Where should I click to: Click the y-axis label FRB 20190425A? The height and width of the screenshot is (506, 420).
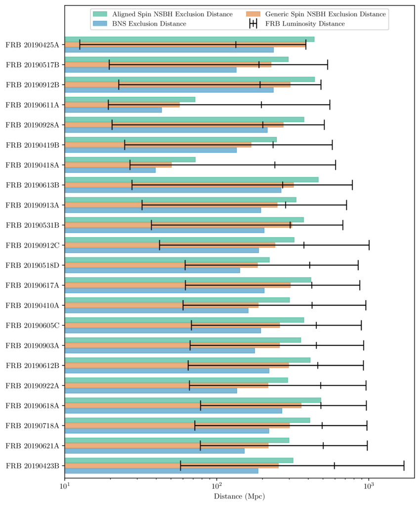click(x=32, y=45)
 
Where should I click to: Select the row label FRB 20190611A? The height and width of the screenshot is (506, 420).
click(x=32, y=105)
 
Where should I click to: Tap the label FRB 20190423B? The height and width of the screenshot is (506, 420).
click(x=32, y=465)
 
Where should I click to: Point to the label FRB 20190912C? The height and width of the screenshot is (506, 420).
click(x=32, y=245)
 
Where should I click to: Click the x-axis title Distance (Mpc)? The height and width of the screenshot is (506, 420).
click(x=239, y=496)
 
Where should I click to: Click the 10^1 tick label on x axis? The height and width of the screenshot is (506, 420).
click(x=65, y=485)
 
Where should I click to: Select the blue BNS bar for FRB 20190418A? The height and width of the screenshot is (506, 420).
click(x=110, y=170)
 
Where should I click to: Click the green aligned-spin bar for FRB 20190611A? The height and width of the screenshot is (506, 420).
click(x=129, y=99)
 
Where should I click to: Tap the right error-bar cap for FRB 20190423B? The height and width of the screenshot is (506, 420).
click(x=404, y=465)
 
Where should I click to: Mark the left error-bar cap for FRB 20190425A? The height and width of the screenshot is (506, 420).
click(x=80, y=45)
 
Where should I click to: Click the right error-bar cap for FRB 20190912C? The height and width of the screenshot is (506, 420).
click(x=369, y=245)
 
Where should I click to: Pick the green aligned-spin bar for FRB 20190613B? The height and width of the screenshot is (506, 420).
click(x=191, y=179)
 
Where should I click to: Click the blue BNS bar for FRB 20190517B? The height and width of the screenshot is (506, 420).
click(x=150, y=70)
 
